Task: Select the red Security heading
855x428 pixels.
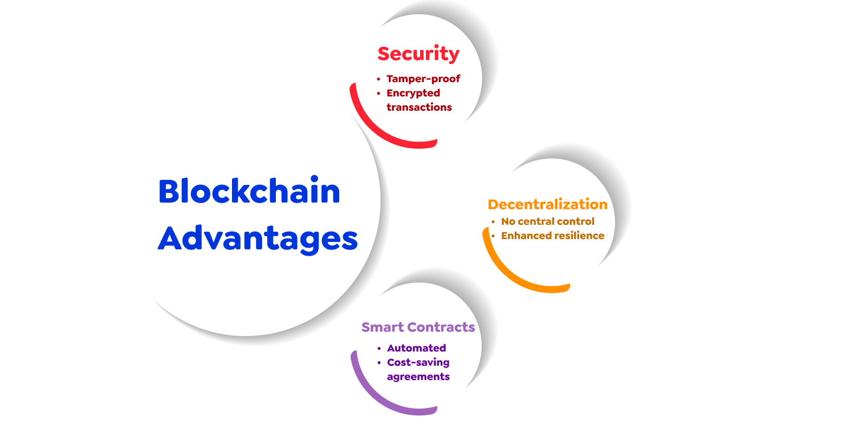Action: coord(418,54)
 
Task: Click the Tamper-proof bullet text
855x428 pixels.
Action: coord(423,79)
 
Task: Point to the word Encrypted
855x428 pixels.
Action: coord(413,93)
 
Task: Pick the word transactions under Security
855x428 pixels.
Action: coord(419,107)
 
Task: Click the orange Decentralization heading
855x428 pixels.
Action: coord(547,204)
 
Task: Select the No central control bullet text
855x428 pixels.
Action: coord(547,221)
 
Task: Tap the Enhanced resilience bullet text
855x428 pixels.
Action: coord(552,236)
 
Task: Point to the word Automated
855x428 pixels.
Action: coord(416,348)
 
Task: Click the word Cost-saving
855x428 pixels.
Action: coord(418,362)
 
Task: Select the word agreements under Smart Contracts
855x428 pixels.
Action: coord(418,377)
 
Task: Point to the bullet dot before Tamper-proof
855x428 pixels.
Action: coord(378,79)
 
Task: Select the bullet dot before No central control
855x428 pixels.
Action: coord(493,222)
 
